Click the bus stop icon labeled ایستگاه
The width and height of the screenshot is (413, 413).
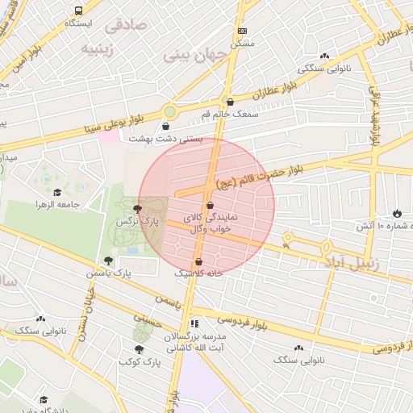79,11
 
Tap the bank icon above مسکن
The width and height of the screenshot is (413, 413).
243,31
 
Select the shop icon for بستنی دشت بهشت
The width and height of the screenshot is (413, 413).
166,126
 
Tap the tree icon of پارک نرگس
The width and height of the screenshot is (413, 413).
136,208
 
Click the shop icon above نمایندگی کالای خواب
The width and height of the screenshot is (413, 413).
210,205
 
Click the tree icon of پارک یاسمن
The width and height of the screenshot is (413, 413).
108,261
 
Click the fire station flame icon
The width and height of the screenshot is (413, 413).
396,213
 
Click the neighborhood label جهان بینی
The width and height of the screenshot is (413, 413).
192,56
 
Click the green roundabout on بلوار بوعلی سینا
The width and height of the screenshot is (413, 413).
170,111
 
